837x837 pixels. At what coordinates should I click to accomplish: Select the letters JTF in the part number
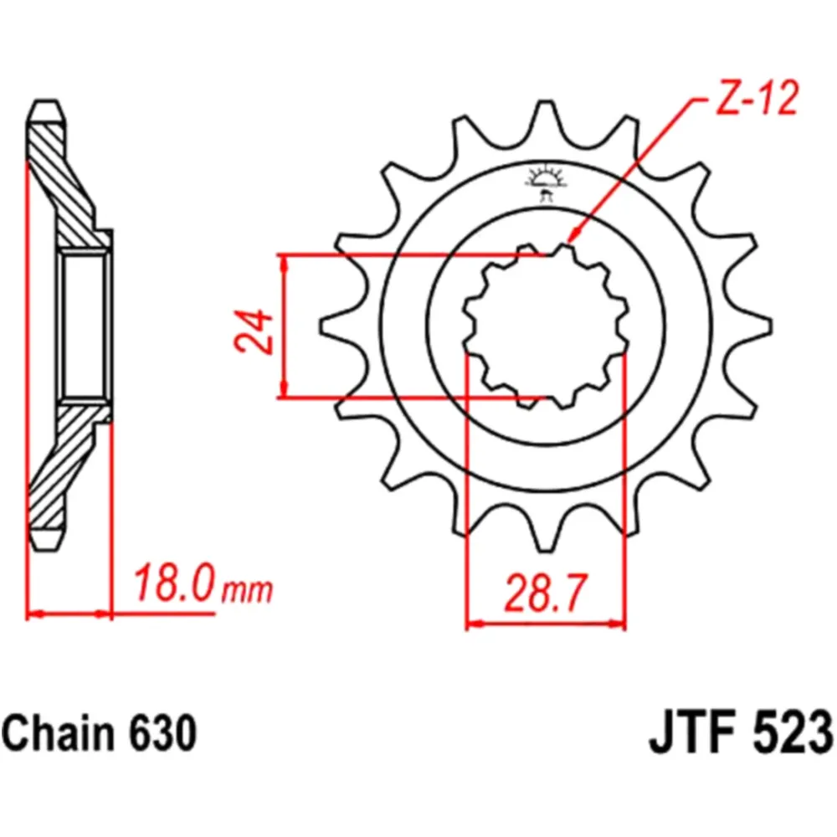(x=688, y=734)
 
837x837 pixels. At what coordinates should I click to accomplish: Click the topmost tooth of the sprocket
(x=546, y=113)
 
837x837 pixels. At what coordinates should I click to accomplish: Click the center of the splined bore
(x=546, y=326)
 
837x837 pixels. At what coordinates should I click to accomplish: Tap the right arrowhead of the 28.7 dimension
(x=619, y=624)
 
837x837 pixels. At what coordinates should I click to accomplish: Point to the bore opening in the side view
(x=85, y=326)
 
